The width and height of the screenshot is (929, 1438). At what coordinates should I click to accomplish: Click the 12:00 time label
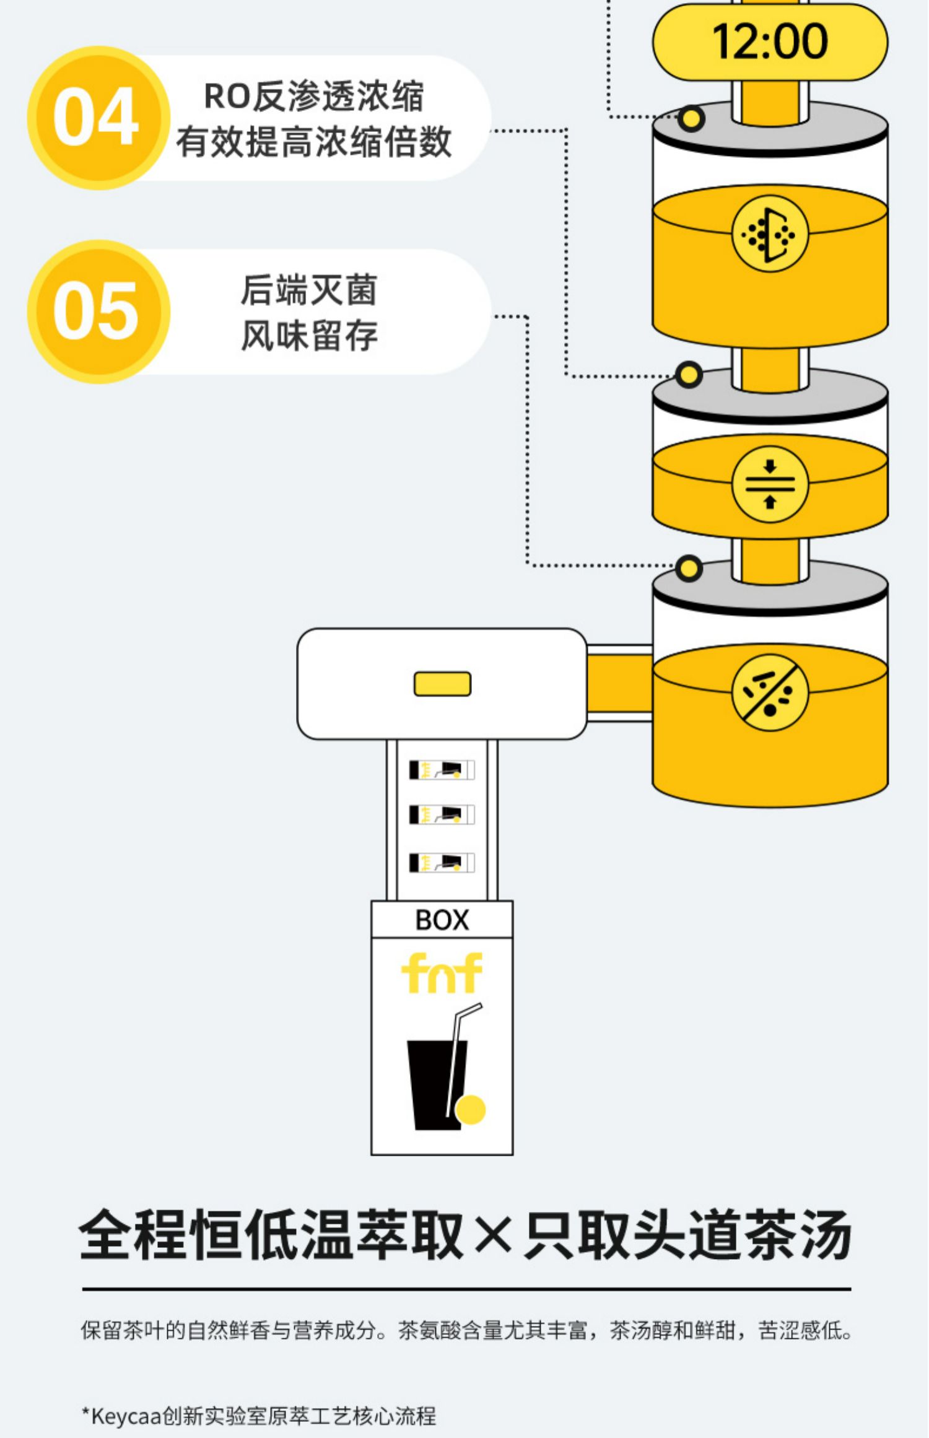pos(769,42)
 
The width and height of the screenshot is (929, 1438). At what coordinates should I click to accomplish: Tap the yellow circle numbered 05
pos(98,311)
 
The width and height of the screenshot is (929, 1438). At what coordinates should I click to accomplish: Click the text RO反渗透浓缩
pos(314,97)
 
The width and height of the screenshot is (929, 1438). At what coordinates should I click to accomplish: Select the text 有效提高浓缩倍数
pos(314,142)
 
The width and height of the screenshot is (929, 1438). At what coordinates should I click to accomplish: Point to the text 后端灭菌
pos(309,290)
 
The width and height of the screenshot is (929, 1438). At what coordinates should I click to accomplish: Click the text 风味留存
pos(309,336)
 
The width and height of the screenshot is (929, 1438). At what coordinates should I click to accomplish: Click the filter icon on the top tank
pos(769,235)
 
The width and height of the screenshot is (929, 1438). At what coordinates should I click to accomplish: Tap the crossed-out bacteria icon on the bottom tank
pos(769,692)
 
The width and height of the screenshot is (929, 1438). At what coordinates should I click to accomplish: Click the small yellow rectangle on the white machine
pos(442,684)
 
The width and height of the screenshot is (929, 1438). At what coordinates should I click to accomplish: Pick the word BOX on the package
pos(442,920)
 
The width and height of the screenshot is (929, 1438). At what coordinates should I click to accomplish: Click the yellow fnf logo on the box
pos(442,972)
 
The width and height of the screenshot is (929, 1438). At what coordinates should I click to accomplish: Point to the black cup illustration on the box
pos(434,1084)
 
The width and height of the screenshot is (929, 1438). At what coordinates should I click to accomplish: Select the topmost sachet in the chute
pos(442,770)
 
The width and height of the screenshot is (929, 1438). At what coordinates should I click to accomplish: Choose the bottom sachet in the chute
pos(442,863)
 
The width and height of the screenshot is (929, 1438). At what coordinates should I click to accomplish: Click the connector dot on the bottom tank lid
pos(689,569)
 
